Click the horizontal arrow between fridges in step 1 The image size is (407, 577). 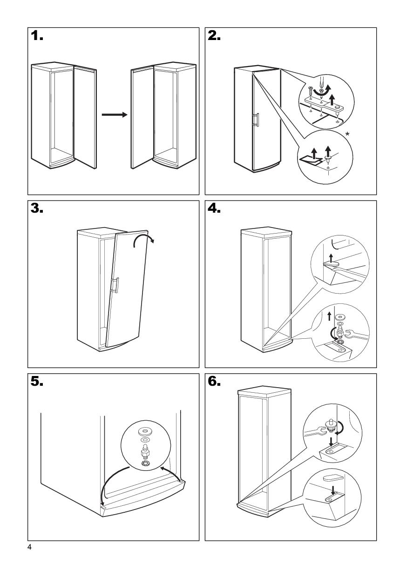click(x=114, y=114)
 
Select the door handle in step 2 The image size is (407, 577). click(x=255, y=120)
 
